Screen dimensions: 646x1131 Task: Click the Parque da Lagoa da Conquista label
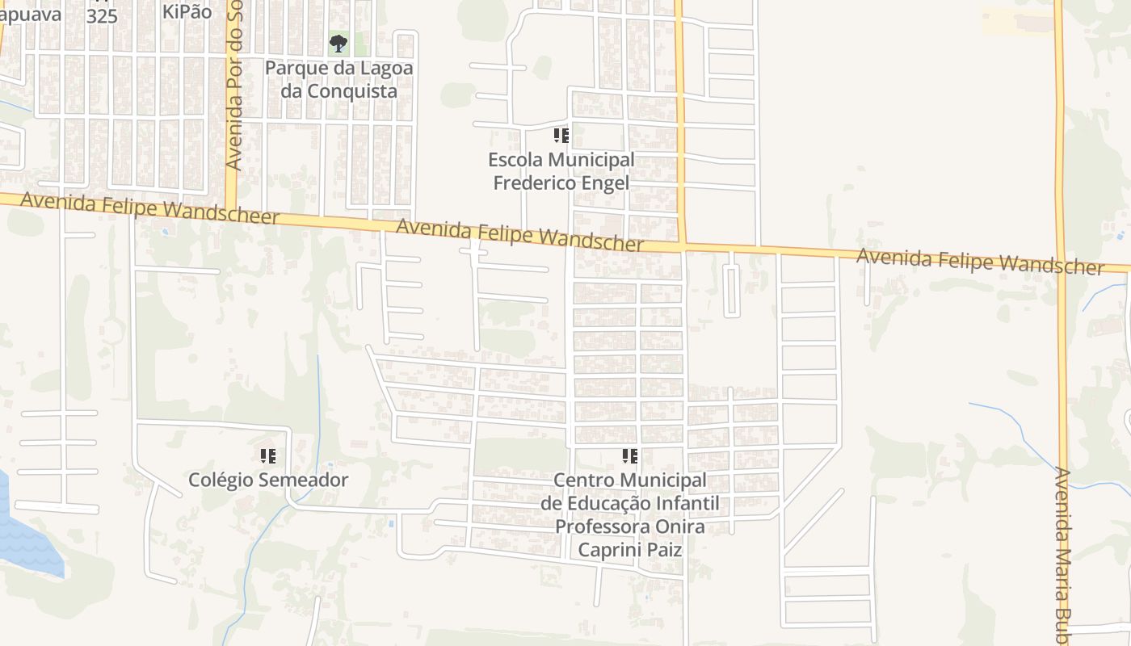[x=338, y=79]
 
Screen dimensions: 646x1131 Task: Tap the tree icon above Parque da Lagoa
[x=338, y=43]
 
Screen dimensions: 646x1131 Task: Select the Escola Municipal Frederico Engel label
[x=561, y=171]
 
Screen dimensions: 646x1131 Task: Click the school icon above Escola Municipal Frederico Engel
[x=561, y=135]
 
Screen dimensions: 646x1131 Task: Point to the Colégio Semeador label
[x=268, y=480]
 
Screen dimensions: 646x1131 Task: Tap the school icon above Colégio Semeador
[x=268, y=456]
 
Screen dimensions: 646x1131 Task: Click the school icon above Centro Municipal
[x=630, y=456]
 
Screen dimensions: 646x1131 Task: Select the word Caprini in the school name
[x=606, y=550]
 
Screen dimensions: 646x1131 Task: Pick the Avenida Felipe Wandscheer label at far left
[x=149, y=208]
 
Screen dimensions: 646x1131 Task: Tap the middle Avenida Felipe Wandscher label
[x=519, y=234]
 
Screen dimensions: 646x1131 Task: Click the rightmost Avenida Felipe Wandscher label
[x=979, y=262]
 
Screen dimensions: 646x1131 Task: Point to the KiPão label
[x=187, y=11]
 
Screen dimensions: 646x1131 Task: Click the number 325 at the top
[x=102, y=16]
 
